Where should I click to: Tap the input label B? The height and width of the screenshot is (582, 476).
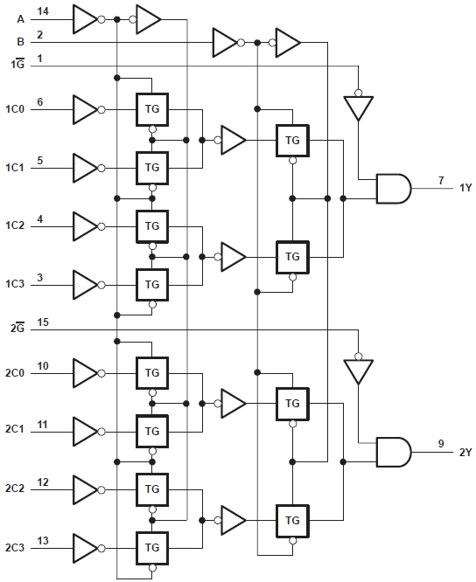(21, 41)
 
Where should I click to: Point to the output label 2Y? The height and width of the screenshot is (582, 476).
(464, 452)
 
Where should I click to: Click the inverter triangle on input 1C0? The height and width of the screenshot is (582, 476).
(85, 109)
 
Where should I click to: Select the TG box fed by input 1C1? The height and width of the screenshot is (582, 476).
(152, 166)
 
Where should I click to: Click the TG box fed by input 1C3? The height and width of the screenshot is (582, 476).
(152, 284)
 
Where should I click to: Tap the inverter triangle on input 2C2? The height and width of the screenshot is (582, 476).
(85, 489)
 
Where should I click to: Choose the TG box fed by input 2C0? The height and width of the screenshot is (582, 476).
(152, 373)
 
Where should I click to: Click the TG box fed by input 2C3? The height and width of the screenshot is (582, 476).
(152, 547)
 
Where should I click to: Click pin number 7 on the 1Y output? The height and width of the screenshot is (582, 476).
(442, 180)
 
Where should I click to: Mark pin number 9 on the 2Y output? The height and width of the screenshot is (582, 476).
(442, 444)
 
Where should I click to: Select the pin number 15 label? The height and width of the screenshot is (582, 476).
(43, 322)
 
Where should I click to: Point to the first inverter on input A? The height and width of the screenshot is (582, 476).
(85, 17)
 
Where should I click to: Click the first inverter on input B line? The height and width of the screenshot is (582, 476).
(224, 41)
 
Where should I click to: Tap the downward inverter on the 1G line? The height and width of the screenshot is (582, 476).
(357, 107)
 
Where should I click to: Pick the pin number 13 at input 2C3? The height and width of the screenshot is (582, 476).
(43, 541)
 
